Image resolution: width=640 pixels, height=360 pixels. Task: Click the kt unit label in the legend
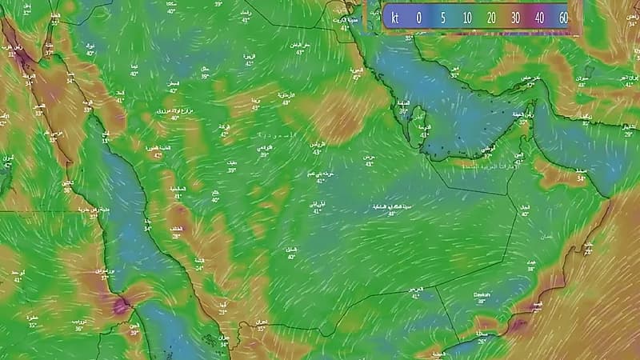tap(394, 17)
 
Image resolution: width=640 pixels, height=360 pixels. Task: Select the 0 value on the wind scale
tap(418, 17)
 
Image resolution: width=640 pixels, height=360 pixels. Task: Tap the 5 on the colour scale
tap(442, 17)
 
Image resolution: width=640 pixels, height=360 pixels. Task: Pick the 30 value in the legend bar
tap(515, 17)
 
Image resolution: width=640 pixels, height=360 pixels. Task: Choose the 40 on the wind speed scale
tap(540, 17)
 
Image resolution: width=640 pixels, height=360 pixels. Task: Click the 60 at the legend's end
tap(563, 17)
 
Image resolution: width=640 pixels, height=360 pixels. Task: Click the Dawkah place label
tap(481, 294)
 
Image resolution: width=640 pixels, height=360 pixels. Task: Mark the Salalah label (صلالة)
tap(480, 330)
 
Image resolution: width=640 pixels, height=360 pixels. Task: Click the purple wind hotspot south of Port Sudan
tap(121, 304)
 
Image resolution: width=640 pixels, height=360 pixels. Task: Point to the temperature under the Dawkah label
tap(481, 302)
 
